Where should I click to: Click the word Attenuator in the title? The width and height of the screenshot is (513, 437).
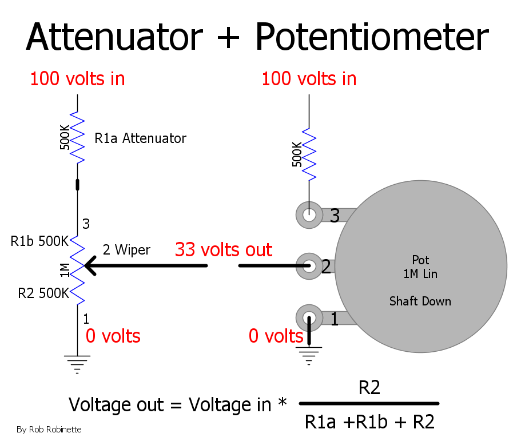[x=114, y=37]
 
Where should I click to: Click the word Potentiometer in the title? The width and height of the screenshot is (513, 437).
[x=372, y=37]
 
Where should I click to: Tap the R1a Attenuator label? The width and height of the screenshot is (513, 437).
[x=140, y=138]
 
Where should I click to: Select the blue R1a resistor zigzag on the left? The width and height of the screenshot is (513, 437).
[x=78, y=137]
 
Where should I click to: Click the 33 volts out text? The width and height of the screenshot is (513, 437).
[x=224, y=250]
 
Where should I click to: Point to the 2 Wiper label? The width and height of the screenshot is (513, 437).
[x=126, y=250]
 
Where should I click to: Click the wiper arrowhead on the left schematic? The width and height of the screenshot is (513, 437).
[x=90, y=265]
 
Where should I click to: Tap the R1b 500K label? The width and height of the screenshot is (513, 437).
[x=39, y=241]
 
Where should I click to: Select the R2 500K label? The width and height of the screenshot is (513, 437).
[x=43, y=293]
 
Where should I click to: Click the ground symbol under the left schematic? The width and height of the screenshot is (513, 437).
[x=77, y=364]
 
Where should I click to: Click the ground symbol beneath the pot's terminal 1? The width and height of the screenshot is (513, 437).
[x=309, y=356]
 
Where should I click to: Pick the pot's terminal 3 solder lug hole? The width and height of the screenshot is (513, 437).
[x=309, y=215]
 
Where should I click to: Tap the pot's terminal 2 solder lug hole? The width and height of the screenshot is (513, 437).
[x=309, y=266]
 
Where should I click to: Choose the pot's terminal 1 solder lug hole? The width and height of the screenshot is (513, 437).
[x=309, y=317]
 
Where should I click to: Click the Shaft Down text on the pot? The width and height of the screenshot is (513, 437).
[x=420, y=301]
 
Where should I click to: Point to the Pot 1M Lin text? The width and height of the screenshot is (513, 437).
[x=420, y=267]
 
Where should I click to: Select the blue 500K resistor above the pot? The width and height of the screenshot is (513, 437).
[x=309, y=154]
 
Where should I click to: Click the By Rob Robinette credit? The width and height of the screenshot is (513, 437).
[x=49, y=429]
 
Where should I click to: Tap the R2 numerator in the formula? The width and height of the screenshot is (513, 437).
[x=369, y=388]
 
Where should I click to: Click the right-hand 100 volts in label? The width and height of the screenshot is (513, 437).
[x=309, y=79]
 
